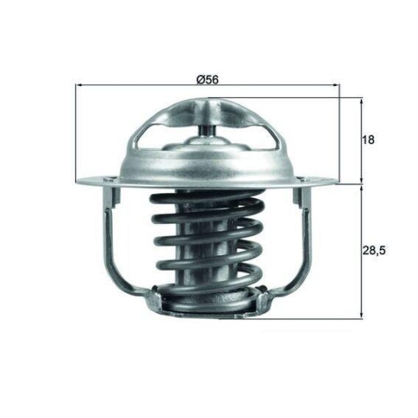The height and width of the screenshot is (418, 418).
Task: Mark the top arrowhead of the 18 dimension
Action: [x=361, y=101]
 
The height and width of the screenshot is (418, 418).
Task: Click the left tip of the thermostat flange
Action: [x=80, y=180]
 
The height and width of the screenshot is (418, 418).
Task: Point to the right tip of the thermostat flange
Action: [x=336, y=179]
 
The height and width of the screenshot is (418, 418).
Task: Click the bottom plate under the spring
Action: [x=208, y=309]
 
